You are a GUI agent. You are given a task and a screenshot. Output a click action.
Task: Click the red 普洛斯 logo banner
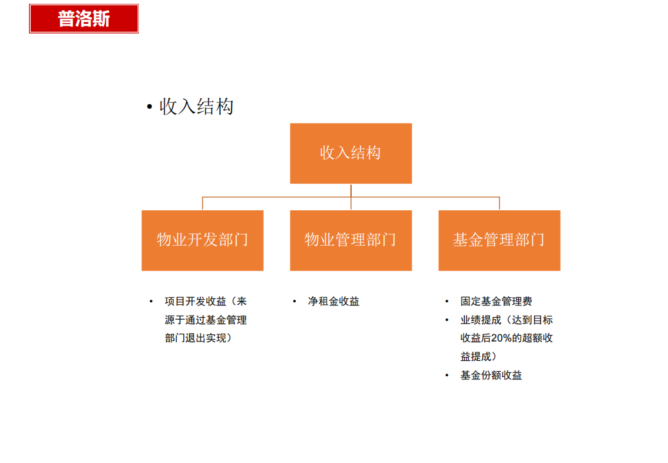click(x=84, y=19)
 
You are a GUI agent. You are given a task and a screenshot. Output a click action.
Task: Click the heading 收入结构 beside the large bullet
click(x=196, y=107)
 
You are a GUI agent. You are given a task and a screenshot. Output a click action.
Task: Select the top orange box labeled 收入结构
click(x=350, y=153)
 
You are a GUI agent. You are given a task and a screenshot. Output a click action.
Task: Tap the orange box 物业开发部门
click(x=203, y=241)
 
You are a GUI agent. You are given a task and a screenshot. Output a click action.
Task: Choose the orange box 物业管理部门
click(x=350, y=241)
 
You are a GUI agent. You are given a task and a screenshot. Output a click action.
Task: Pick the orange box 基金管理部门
click(x=500, y=241)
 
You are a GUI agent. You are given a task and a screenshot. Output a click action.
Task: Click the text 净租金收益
click(x=334, y=302)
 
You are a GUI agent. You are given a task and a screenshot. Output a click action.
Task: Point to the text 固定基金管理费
click(x=496, y=302)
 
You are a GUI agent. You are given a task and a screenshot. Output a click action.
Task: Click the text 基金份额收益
click(x=491, y=376)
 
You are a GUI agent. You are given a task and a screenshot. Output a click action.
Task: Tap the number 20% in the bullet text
click(x=501, y=338)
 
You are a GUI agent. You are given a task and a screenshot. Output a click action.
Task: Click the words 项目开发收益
click(x=195, y=302)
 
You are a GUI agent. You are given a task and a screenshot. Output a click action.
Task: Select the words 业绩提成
click(x=481, y=320)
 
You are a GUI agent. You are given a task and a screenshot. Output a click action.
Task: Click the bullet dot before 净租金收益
click(x=294, y=302)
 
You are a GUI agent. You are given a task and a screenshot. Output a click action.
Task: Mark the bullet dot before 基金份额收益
click(x=447, y=376)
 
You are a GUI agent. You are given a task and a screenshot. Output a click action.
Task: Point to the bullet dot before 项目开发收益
click(x=151, y=302)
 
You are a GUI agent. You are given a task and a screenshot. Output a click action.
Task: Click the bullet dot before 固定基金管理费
click(x=447, y=302)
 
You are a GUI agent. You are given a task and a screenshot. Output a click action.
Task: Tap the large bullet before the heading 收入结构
click(x=149, y=107)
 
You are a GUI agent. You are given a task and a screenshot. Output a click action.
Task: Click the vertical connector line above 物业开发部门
click(x=203, y=204)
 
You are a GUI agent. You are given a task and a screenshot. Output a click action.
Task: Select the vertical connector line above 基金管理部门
click(x=500, y=204)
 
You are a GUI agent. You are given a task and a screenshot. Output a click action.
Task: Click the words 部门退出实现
click(x=195, y=338)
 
